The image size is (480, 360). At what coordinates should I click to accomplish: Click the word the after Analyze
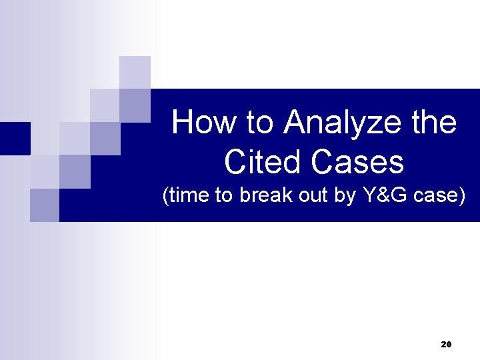tap(432, 123)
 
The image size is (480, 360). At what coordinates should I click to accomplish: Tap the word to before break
tap(225, 197)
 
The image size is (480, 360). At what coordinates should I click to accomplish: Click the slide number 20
tap(446, 344)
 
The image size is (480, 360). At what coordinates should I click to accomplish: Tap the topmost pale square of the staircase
tap(135, 72)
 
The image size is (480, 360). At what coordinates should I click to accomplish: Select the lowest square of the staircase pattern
tap(45, 205)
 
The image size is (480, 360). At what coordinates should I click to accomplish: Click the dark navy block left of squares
tap(15, 139)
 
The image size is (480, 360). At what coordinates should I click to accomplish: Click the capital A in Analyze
tap(294, 123)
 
